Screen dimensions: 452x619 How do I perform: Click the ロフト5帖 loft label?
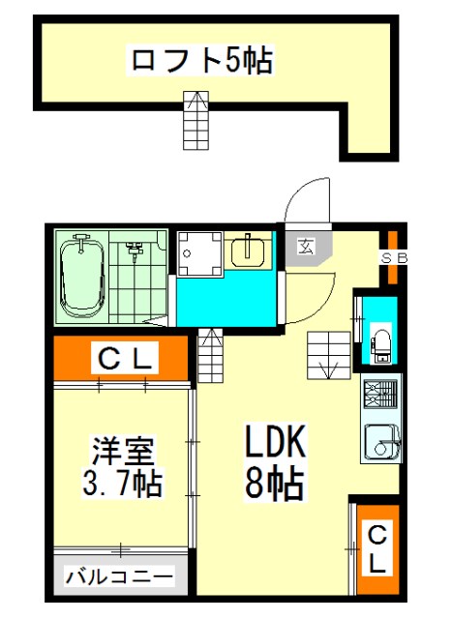(x=201, y=60)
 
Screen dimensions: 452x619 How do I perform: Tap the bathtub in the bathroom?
(x=82, y=276)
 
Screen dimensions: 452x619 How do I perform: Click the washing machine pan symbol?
(x=199, y=253)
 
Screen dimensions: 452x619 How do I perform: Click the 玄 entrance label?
(x=306, y=247)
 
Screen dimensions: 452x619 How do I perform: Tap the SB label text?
(x=394, y=258)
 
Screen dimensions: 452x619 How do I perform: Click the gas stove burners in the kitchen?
(x=380, y=394)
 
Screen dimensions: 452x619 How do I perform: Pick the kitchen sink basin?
(x=381, y=442)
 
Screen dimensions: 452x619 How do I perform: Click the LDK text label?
(x=276, y=441)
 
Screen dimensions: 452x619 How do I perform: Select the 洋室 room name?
(x=123, y=450)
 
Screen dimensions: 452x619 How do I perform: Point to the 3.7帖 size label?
(x=123, y=482)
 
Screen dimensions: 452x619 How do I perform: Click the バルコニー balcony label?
(x=119, y=577)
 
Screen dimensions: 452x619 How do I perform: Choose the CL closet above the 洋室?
(x=125, y=359)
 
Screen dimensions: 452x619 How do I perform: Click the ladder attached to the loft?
(x=196, y=120)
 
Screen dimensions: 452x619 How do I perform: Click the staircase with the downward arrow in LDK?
(x=329, y=355)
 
